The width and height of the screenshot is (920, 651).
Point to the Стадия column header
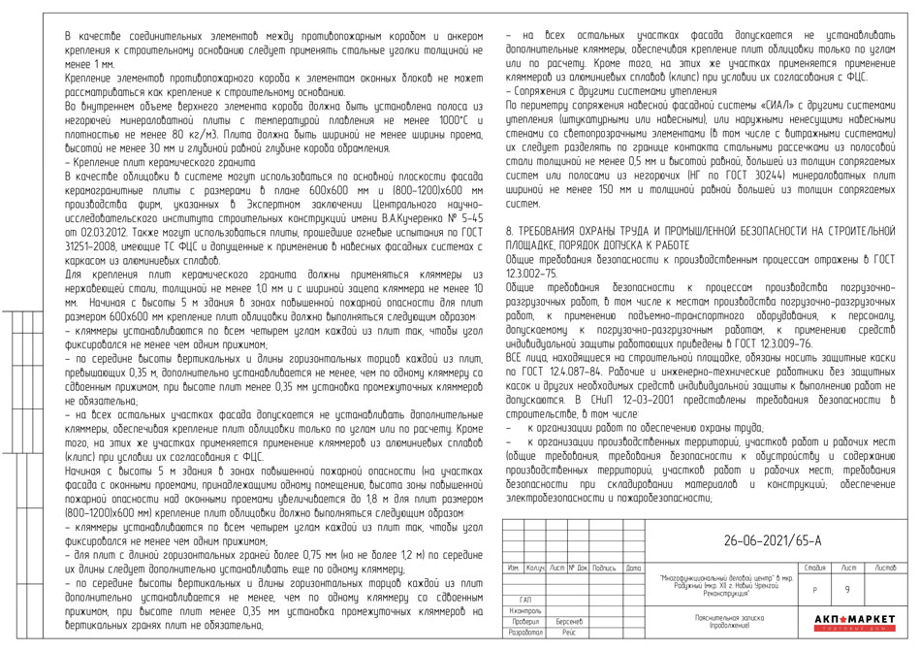pos(814,566)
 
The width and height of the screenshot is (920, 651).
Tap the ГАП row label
pos(525,600)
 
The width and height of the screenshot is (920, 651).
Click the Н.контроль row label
pos(524,610)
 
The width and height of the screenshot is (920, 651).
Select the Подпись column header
pos(604,567)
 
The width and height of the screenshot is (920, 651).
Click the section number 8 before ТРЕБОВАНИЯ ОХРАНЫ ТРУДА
pos(511,234)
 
